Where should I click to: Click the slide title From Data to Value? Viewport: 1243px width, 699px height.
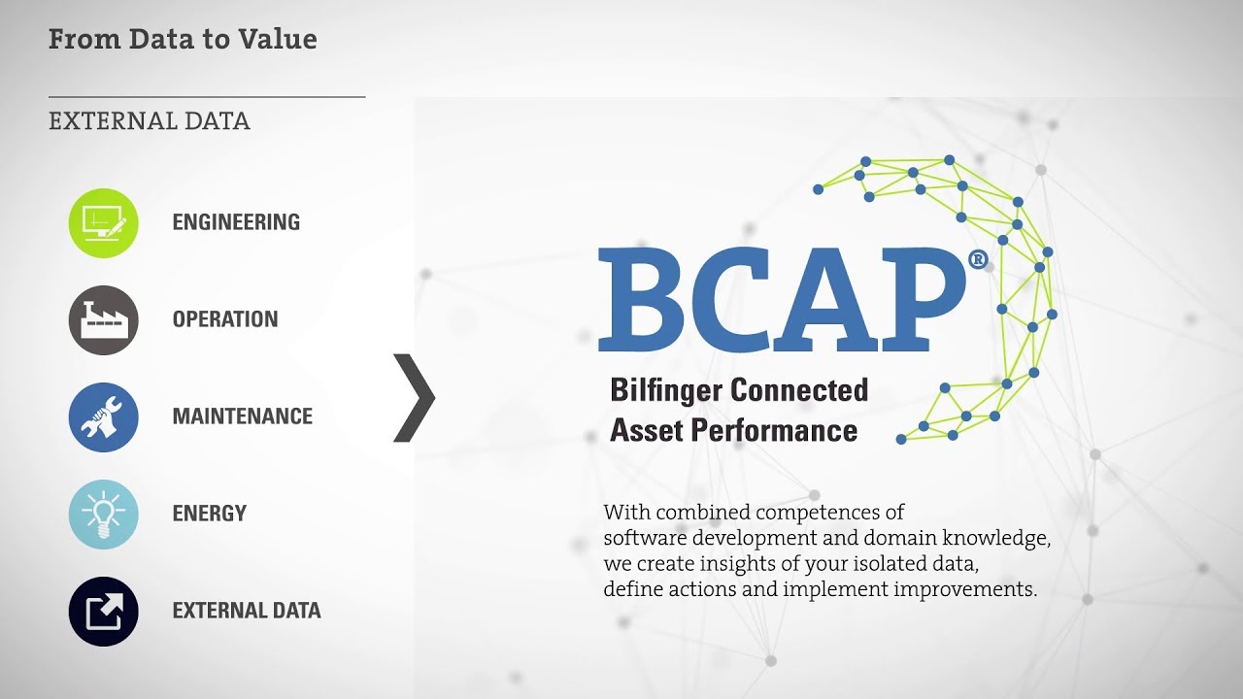[x=183, y=40]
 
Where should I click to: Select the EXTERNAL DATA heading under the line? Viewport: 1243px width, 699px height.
[x=150, y=121]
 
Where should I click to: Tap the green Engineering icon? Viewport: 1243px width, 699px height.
[x=104, y=223]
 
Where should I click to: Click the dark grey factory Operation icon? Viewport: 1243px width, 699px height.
[x=104, y=320]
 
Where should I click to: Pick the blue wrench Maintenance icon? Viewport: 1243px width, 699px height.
[x=104, y=417]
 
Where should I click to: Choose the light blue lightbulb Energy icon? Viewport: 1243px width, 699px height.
[x=104, y=515]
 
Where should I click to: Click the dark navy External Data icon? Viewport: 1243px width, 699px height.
[x=104, y=612]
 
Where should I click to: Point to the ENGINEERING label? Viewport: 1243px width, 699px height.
[x=236, y=222]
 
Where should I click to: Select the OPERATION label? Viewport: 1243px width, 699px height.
[x=225, y=319]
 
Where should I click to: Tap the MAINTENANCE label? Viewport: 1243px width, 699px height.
[x=243, y=416]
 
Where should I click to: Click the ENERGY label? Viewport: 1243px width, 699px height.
[x=210, y=514]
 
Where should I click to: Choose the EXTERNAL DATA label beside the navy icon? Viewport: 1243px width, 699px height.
[x=247, y=611]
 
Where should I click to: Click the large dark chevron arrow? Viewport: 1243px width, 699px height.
[x=416, y=398]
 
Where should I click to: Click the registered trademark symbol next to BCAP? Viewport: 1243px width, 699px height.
[x=978, y=259]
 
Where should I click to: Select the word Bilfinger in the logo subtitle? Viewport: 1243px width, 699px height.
[x=666, y=390]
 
